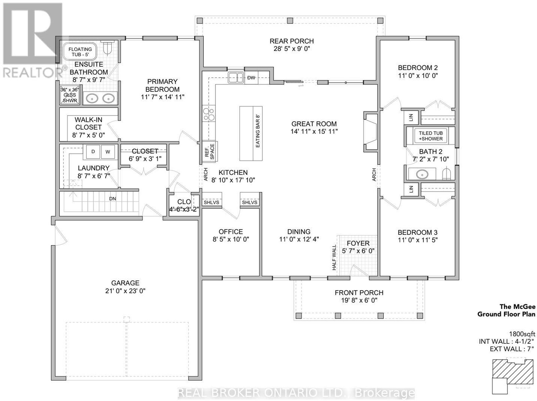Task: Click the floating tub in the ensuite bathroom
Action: click(x=80, y=52)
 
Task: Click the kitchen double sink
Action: click(x=236, y=77)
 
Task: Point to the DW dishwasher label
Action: click(x=251, y=78)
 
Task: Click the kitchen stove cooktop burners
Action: click(x=208, y=114)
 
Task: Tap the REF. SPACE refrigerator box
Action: click(x=210, y=152)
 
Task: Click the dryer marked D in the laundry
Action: click(x=93, y=152)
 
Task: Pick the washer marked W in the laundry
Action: click(x=108, y=152)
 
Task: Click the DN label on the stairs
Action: click(x=112, y=199)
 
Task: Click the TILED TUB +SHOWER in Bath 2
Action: click(x=431, y=136)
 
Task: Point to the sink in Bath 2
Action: click(x=422, y=174)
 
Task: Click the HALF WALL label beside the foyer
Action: click(x=334, y=258)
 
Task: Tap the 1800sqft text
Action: click(x=522, y=334)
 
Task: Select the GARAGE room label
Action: click(x=125, y=283)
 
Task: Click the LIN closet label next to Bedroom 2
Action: click(x=411, y=118)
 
